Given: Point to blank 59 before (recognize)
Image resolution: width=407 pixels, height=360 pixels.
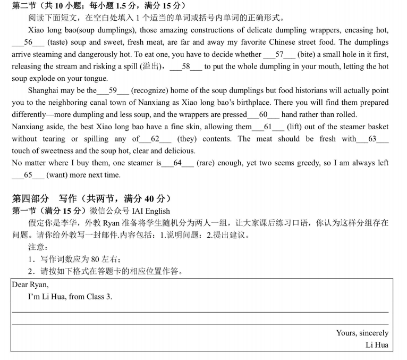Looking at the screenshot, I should pyautogui.click(x=113, y=90).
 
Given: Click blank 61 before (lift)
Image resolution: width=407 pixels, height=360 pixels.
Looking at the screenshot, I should pyautogui.click(x=268, y=127).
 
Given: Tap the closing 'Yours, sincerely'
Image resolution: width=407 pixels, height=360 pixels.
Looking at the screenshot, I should pyautogui.click(x=362, y=333).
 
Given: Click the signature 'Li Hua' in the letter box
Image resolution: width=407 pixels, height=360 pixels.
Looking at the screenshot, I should pyautogui.click(x=377, y=345).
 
